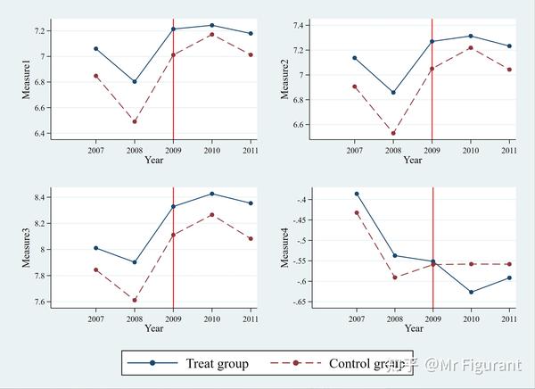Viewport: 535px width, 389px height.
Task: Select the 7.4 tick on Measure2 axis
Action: pyautogui.click(x=295, y=24)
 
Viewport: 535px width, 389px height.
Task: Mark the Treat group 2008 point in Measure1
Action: pyautogui.click(x=135, y=81)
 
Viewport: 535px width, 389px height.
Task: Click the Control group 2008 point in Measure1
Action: pyautogui.click(x=135, y=121)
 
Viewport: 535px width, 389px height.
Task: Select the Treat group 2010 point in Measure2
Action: pyautogui.click(x=470, y=36)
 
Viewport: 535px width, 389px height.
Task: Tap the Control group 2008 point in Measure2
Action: pyautogui.click(x=393, y=134)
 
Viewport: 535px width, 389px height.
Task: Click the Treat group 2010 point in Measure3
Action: pyautogui.click(x=211, y=193)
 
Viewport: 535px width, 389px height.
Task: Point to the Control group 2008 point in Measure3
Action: pyautogui.click(x=135, y=300)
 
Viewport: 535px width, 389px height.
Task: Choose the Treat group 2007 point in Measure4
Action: pyautogui.click(x=356, y=194)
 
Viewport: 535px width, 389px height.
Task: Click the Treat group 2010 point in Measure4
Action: pyautogui.click(x=470, y=292)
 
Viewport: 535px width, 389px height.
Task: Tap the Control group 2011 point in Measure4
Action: pyautogui.click(x=508, y=264)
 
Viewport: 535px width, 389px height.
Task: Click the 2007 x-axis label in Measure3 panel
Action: pyautogui.click(x=95, y=319)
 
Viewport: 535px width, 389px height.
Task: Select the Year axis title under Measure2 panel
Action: pyautogui.click(x=412, y=161)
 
